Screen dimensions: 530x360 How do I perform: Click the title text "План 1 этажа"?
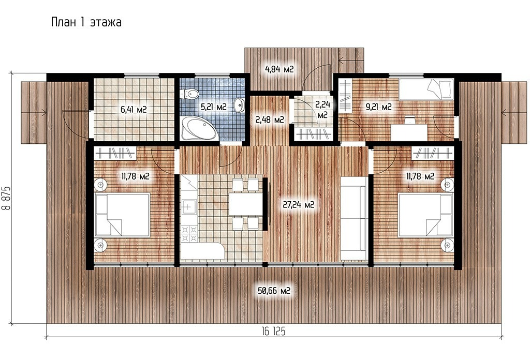click(x=86, y=22)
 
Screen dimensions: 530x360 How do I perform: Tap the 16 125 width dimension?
click(x=273, y=332)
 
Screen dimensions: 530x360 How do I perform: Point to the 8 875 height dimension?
click(x=6, y=198)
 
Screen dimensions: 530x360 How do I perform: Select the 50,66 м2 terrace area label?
click(x=274, y=291)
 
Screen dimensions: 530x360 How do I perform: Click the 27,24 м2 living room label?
click(x=299, y=204)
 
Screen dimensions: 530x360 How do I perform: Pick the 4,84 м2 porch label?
click(x=279, y=69)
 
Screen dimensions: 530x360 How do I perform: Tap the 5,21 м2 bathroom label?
click(x=214, y=107)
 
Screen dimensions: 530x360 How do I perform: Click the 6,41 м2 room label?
click(x=134, y=110)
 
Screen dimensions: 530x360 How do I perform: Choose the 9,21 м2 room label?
click(x=378, y=107)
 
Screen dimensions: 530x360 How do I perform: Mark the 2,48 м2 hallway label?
click(x=270, y=119)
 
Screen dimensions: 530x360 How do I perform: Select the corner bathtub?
click(x=198, y=129)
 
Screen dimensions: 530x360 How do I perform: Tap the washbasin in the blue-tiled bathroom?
click(x=239, y=105)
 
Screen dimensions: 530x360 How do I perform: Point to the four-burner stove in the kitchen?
click(x=189, y=234)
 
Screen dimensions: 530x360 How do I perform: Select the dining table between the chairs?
click(x=245, y=204)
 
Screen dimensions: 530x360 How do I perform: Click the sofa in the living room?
click(x=354, y=218)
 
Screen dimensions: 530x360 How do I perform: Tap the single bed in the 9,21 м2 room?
click(x=426, y=89)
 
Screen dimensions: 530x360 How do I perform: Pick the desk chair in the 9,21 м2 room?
click(x=410, y=119)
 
